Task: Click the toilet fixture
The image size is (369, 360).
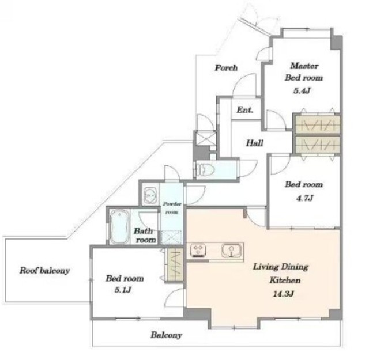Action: point(205,169)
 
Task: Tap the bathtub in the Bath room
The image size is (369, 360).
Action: point(119,227)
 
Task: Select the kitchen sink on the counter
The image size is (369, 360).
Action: point(231,251)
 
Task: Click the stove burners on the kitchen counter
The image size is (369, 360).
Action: point(198,251)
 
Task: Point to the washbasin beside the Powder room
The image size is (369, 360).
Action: point(150,195)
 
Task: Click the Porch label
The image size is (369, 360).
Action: point(226,68)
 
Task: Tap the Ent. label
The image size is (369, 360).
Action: point(245,110)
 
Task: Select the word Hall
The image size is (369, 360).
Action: point(255,143)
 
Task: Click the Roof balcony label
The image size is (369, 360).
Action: point(44,270)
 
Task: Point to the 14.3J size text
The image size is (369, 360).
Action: point(283,294)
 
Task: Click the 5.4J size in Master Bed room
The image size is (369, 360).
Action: point(302,91)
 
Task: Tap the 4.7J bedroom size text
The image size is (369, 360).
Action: point(304,198)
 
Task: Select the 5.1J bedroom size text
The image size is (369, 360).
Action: point(123,290)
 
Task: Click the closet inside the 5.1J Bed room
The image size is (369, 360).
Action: point(174,264)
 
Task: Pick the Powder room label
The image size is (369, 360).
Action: point(172,208)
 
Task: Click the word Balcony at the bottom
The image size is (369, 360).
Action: point(166,335)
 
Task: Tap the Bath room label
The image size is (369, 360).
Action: point(145,236)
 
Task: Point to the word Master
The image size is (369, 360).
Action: point(304,66)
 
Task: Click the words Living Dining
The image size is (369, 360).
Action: point(281,267)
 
